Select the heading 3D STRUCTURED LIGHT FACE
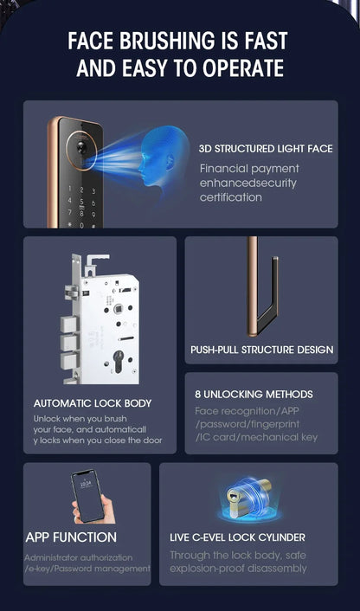tap(265, 149)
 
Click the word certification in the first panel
tap(230, 197)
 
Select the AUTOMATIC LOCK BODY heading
tap(93, 403)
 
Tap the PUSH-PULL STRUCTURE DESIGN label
tap(261, 351)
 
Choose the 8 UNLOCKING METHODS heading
tap(254, 395)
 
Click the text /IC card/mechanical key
tap(256, 437)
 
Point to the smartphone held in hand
tap(87, 495)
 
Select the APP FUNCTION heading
tap(71, 537)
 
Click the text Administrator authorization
tap(79, 557)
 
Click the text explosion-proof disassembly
tap(238, 569)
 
